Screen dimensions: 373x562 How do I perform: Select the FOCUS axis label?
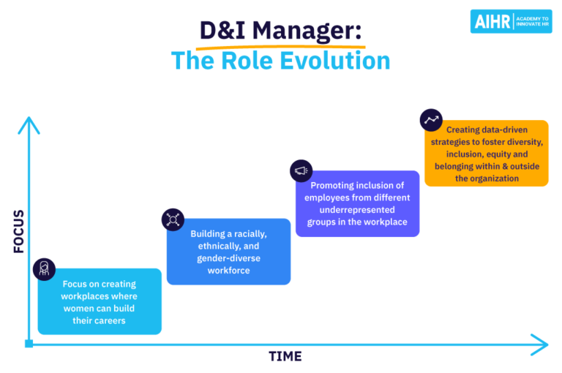(x=19, y=231)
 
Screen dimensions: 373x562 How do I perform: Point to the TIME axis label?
(x=285, y=356)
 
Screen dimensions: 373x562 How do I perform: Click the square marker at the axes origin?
(x=29, y=344)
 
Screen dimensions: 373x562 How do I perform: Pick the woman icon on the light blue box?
(x=44, y=268)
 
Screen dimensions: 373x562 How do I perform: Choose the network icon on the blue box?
(x=173, y=219)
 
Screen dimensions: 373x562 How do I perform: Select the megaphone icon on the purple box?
(x=301, y=170)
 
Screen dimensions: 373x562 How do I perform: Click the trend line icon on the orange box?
(x=431, y=120)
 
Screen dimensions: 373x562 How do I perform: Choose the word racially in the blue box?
(x=250, y=233)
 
